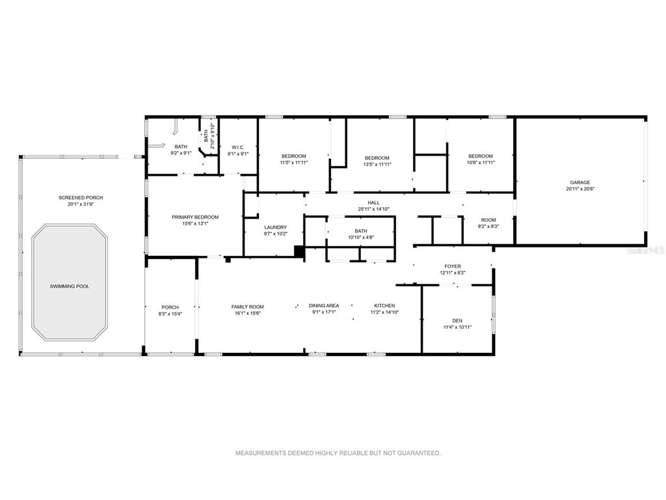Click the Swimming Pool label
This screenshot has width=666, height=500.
coord(70,286)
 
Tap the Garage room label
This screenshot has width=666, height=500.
coord(579,182)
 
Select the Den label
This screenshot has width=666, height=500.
coord(457,320)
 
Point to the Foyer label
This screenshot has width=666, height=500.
coord(453,266)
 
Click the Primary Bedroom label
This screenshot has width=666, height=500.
coord(195,217)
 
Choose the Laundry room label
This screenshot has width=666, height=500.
coord(276,227)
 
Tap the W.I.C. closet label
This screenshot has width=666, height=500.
coord(238,147)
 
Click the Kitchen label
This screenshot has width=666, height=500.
coord(384,306)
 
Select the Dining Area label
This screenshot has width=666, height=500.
coord(324,306)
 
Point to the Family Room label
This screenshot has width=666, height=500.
coord(248,307)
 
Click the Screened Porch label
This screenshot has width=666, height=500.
coord(81,198)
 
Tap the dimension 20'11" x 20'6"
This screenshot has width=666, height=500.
coord(579,189)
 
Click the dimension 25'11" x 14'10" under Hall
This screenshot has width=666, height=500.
coord(374,209)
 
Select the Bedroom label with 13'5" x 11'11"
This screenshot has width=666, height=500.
coord(377,158)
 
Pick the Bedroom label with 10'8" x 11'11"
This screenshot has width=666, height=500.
coord(481,156)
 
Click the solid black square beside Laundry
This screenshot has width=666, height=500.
coord(300,251)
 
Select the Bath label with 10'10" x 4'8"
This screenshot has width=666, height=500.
coord(361,231)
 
